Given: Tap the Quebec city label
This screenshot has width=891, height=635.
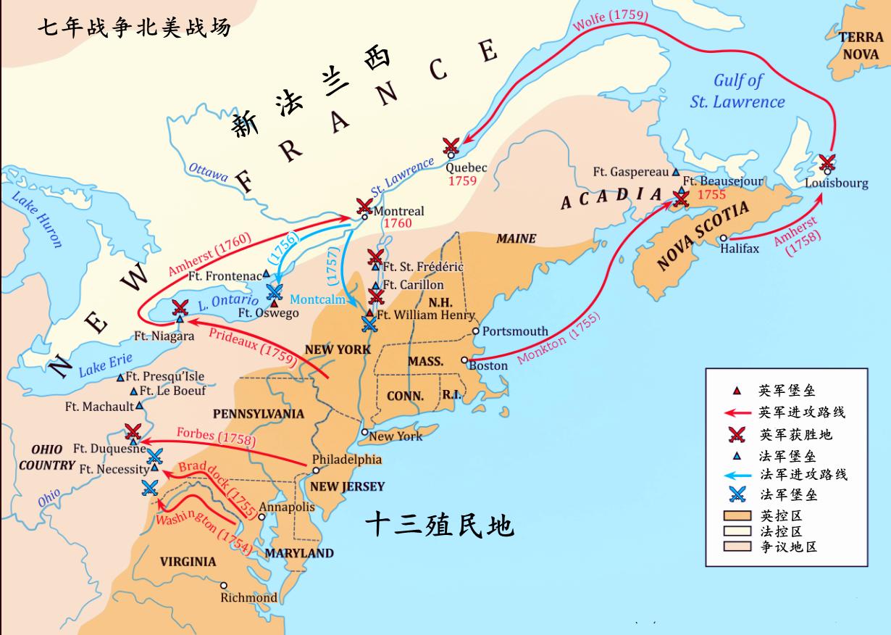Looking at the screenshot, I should click(x=467, y=167).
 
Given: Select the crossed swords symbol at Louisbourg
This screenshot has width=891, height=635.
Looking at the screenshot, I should click(x=827, y=163).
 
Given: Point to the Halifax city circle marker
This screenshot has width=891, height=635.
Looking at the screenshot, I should click(x=724, y=238).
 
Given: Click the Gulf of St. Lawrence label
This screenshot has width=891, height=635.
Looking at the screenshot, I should click(x=737, y=91).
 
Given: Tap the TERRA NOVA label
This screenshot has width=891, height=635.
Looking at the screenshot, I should click(x=861, y=46).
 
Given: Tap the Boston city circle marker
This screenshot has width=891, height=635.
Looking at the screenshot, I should click(x=464, y=360).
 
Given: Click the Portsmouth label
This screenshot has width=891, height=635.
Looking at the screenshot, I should click(x=515, y=331).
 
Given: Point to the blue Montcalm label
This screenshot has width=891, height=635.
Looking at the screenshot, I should click(x=317, y=299).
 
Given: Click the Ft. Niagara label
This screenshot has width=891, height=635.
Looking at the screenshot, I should click(x=164, y=336).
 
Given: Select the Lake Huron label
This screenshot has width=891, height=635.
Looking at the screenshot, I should click(x=37, y=220).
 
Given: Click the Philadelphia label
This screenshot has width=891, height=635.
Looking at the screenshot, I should click(x=346, y=460).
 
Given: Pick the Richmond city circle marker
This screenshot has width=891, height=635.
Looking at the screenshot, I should click(x=223, y=586).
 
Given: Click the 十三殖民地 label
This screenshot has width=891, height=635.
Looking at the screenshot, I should click(x=439, y=524).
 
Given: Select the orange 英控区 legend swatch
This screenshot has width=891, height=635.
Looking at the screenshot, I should click(x=737, y=516).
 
